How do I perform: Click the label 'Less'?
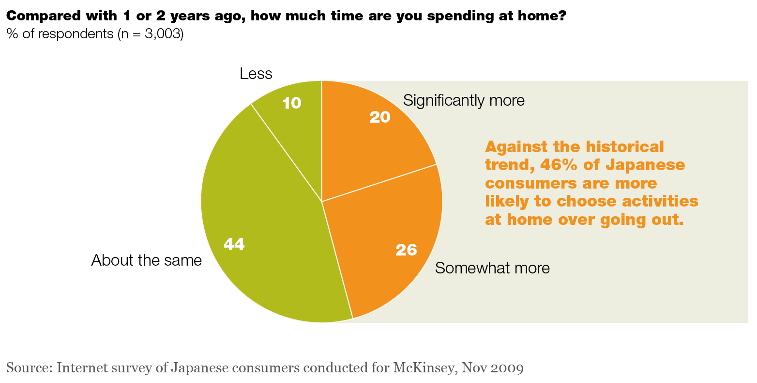click(x=256, y=74)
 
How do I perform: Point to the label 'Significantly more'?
click(x=464, y=100)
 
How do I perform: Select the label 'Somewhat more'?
click(x=492, y=268)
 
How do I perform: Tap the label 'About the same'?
click(x=146, y=260)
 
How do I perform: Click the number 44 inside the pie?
click(x=234, y=244)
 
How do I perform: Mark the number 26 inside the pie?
click(x=406, y=250)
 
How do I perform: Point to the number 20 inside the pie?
click(x=379, y=117)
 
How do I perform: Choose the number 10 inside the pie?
click(x=292, y=103)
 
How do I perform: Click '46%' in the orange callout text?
click(x=561, y=165)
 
